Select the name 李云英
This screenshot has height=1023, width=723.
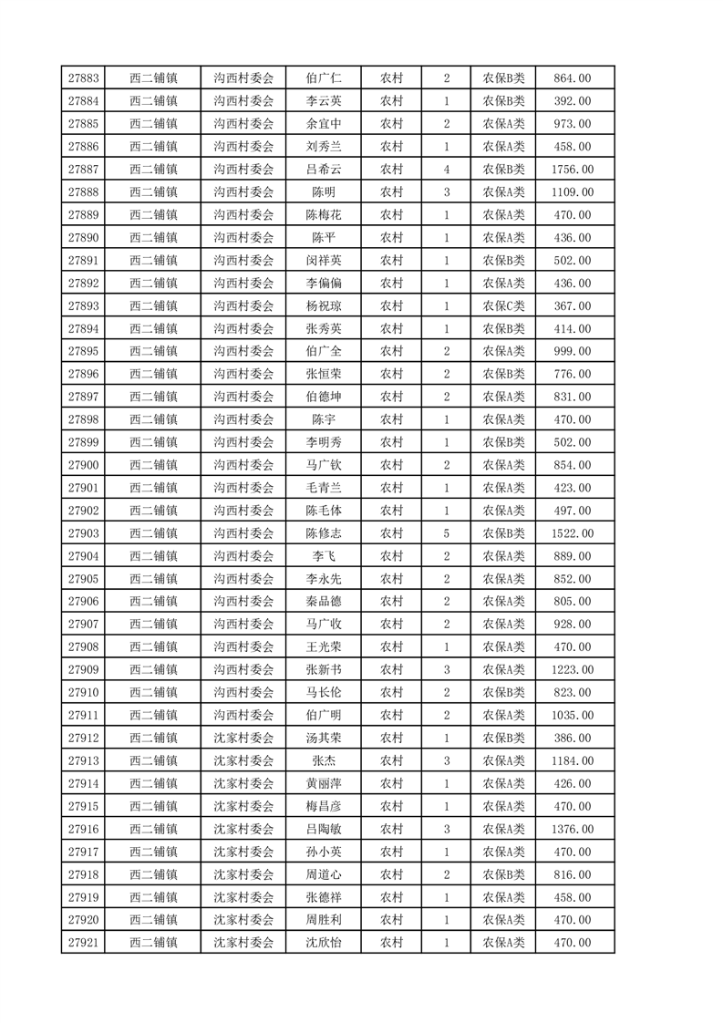click(x=324, y=101)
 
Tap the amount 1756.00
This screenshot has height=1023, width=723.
click(x=573, y=170)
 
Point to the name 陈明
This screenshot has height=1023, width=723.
click(x=324, y=192)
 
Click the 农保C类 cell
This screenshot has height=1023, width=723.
click(x=503, y=306)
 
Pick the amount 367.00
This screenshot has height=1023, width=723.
click(x=573, y=306)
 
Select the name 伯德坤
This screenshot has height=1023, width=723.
click(x=324, y=397)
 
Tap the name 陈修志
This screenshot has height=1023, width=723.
click(x=324, y=533)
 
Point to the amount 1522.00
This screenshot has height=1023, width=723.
click(x=573, y=533)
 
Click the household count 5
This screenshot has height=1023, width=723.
click(x=447, y=533)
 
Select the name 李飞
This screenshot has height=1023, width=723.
click(x=324, y=556)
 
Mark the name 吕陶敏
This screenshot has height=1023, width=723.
click(x=324, y=829)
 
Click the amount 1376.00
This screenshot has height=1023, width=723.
click(x=573, y=829)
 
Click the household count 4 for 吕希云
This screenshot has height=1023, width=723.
click(x=447, y=170)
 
